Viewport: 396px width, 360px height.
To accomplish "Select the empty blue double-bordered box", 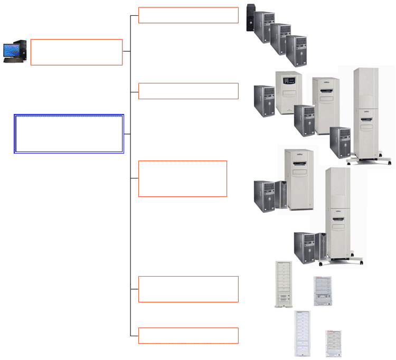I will tap(69, 134).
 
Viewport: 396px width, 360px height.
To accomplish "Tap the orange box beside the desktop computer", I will tap(77, 52).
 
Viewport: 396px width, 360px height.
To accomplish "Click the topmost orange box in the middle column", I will tap(188, 15).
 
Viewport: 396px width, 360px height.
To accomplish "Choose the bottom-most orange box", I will tap(188, 336).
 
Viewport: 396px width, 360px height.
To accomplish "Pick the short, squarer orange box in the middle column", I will tap(182, 178).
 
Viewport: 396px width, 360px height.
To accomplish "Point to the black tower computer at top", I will tap(250, 18).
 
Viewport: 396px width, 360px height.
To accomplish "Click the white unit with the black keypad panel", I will tap(288, 93).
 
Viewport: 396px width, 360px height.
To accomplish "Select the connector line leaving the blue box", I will tap(127, 134).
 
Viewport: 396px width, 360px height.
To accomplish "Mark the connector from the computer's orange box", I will tap(127, 51).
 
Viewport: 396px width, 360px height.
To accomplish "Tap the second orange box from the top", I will tap(188, 91).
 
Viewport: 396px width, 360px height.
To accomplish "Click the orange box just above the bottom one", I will tap(188, 289).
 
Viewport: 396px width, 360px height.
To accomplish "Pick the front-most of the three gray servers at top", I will tap(296, 50).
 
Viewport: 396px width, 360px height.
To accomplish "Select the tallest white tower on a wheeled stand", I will tap(366, 113).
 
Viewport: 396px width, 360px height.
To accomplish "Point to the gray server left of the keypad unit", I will tap(264, 100).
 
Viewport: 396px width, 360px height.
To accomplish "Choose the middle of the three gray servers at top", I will tap(280, 39).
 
